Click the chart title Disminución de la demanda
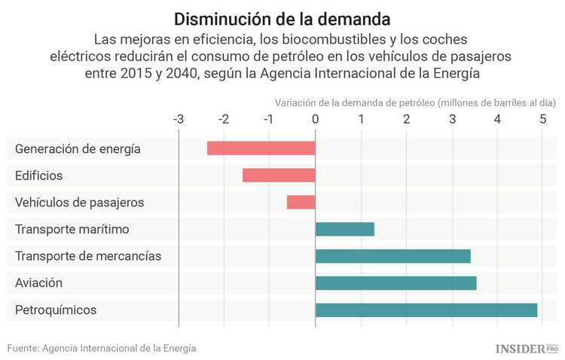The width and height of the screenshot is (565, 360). (x=282, y=18)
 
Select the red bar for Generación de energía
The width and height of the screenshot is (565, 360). (x=261, y=148)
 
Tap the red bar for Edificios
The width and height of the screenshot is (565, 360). (x=279, y=175)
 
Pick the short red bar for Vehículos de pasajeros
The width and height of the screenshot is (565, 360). (x=301, y=202)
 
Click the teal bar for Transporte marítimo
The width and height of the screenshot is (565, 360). (x=344, y=229)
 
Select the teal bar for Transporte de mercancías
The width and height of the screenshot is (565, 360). (x=392, y=256)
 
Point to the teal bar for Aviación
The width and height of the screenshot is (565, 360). (x=395, y=283)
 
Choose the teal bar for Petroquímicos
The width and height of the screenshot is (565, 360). (x=426, y=310)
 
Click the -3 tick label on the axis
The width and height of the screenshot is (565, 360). (x=178, y=119)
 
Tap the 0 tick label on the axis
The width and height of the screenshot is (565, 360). (x=315, y=119)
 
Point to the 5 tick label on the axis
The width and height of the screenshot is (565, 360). (x=542, y=119)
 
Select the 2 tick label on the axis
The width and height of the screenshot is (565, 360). (x=406, y=119)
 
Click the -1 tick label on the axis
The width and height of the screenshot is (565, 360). (x=269, y=119)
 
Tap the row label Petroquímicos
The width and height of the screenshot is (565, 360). (x=56, y=310)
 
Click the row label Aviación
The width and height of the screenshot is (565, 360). (x=38, y=283)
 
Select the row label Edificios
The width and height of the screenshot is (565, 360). (x=39, y=175)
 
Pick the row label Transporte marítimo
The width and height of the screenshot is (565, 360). (x=72, y=229)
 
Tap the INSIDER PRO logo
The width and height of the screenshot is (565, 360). (x=526, y=348)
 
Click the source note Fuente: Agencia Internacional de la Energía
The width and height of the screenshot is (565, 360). (x=102, y=348)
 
